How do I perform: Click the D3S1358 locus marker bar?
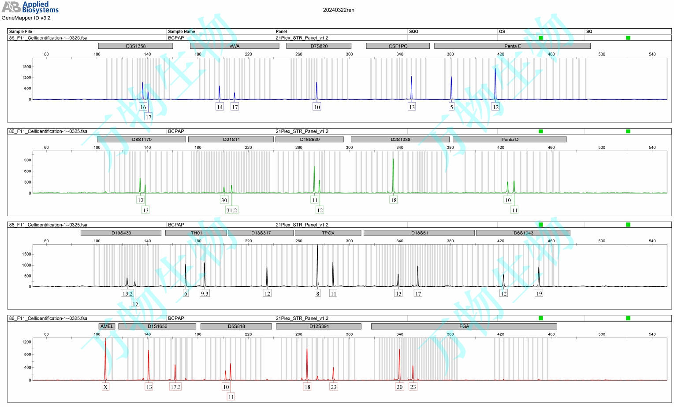point(135,46)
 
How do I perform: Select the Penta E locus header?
point(512,46)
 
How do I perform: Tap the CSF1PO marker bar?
point(398,46)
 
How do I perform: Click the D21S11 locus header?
point(231,139)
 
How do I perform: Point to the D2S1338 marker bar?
point(400,139)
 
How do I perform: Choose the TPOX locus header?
point(328,233)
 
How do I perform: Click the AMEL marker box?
point(107,326)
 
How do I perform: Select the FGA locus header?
point(464,326)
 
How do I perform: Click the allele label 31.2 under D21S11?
point(232,210)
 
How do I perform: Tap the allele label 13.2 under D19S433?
point(127,293)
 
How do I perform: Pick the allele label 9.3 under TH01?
point(205,293)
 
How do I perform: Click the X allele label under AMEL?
point(105,387)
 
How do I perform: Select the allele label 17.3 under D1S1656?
point(175,387)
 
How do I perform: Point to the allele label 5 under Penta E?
point(451,107)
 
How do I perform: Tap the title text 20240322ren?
point(339,10)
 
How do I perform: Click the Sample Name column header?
point(181,31)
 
